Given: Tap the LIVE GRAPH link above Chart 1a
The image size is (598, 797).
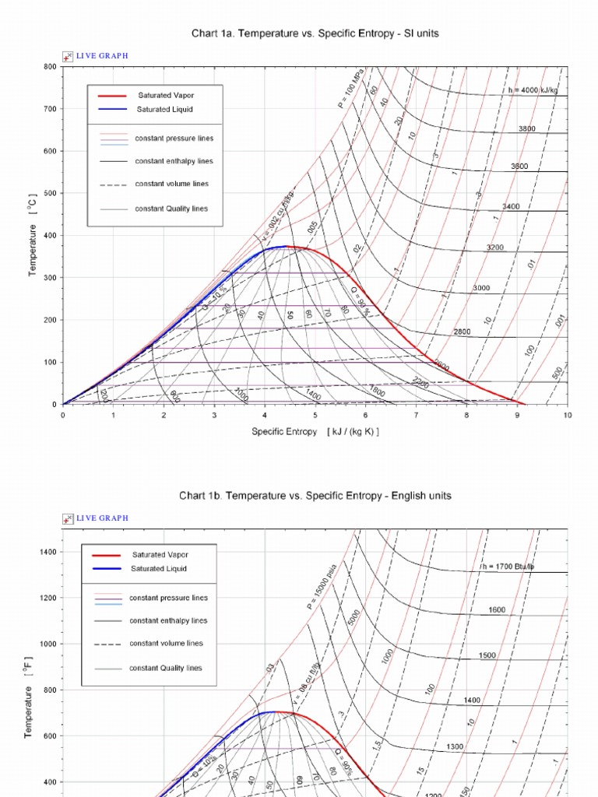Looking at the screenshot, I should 101,56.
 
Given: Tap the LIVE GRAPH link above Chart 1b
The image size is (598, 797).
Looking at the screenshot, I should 101,518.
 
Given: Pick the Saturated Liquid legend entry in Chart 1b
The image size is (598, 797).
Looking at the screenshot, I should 158,569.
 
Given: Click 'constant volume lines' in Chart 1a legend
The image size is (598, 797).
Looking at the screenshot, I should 171,184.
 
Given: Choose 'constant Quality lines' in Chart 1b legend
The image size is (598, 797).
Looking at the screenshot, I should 165,669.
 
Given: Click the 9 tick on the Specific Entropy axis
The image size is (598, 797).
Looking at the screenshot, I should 517,416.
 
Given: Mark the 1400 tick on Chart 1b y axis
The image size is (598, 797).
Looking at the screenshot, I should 47,552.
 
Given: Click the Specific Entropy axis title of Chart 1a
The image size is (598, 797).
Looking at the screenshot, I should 315,432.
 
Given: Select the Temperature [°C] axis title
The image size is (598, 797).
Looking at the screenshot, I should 33,236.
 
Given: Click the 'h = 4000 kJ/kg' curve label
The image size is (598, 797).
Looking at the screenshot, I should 532,90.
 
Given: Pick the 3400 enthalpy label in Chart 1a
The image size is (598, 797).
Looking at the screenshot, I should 511,207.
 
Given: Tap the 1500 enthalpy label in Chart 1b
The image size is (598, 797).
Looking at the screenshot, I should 487,656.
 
